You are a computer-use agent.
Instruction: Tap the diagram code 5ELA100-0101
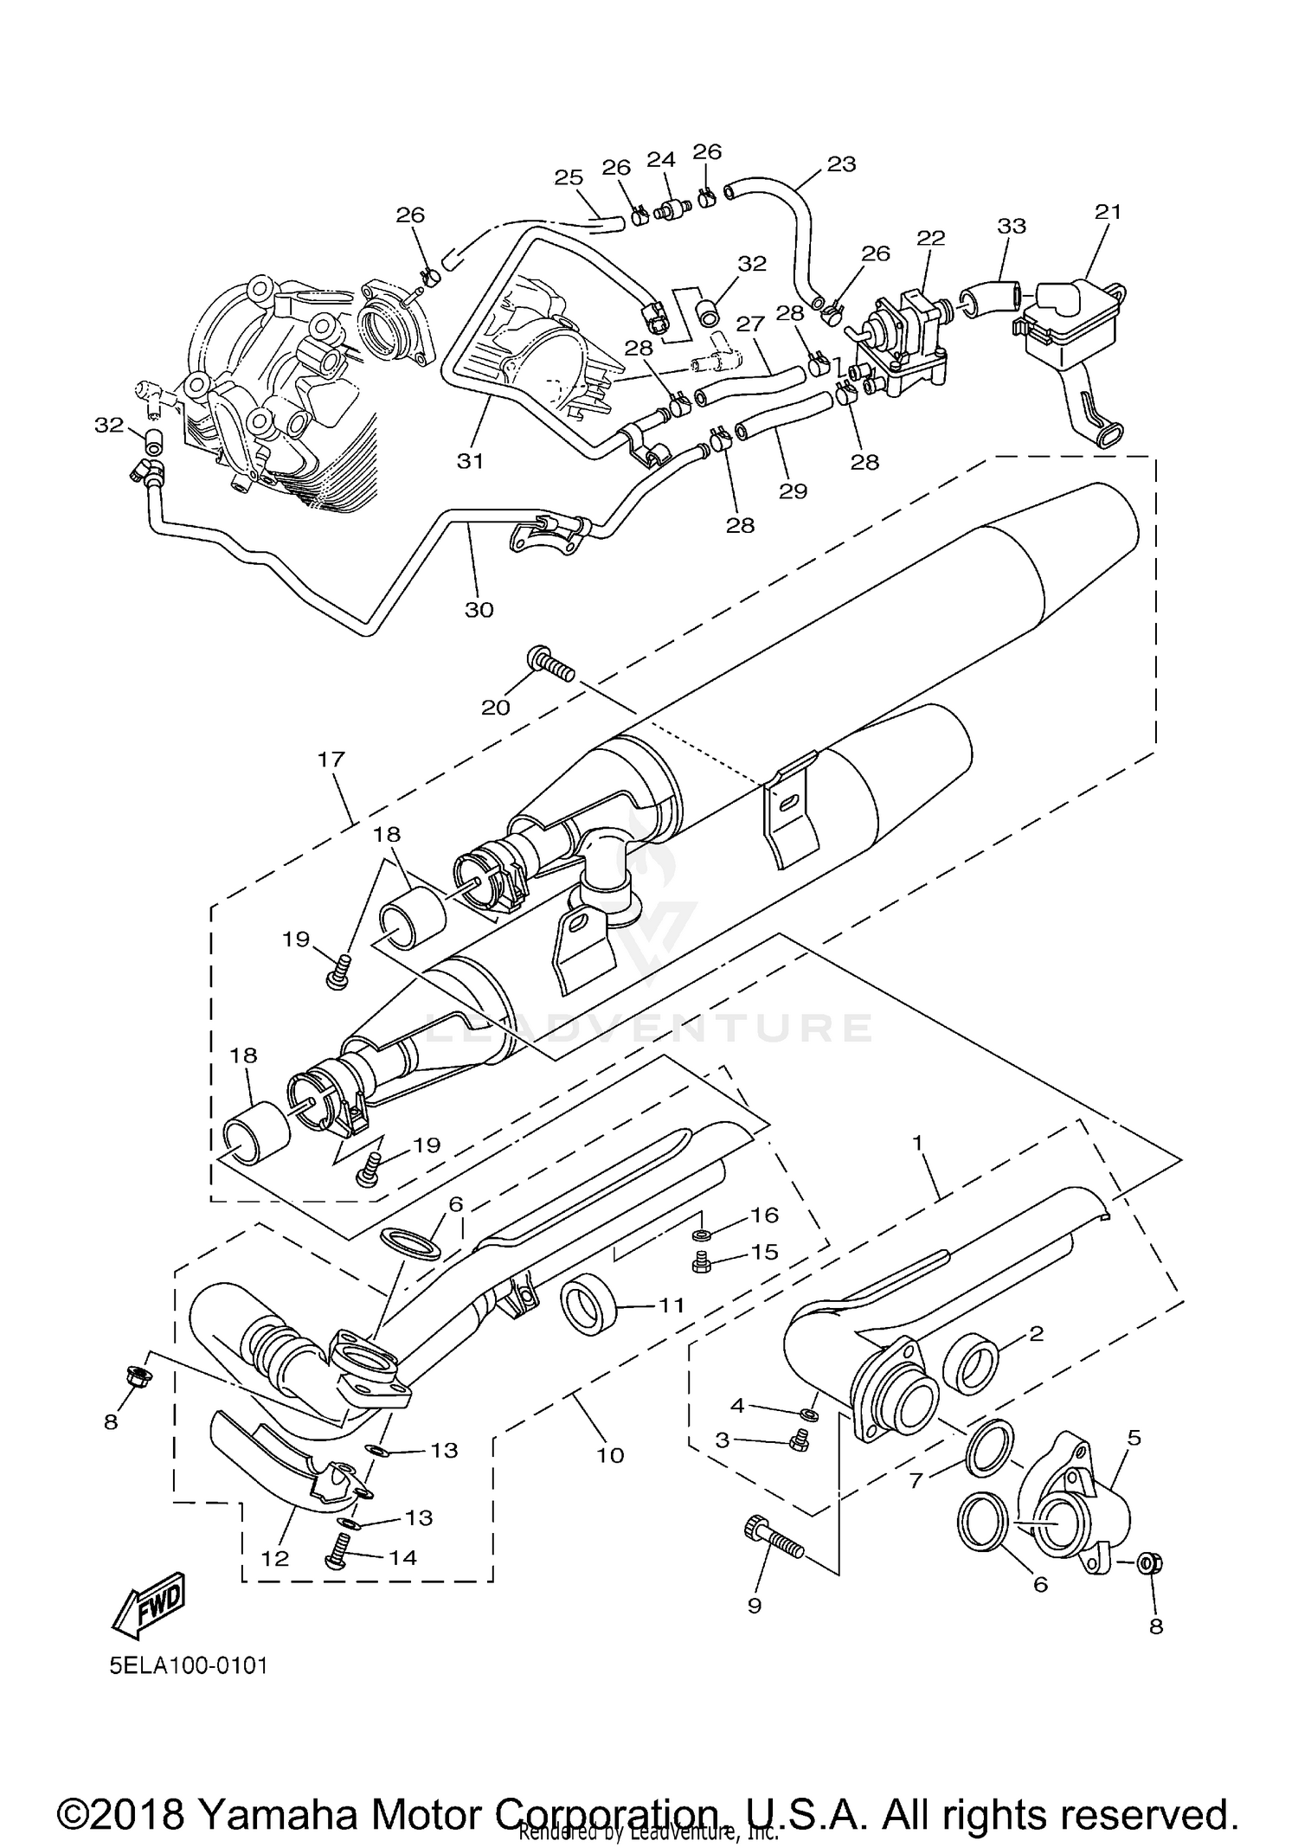pyautogui.click(x=188, y=1665)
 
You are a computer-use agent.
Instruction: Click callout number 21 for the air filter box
pyautogui.click(x=1108, y=212)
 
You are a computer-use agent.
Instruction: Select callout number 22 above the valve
pyautogui.click(x=931, y=238)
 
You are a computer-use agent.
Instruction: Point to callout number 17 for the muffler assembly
pyautogui.click(x=331, y=760)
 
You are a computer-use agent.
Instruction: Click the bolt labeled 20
pyautogui.click(x=549, y=664)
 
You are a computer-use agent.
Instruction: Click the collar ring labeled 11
pyautogui.click(x=588, y=1305)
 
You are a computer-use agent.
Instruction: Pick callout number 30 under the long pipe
pyautogui.click(x=479, y=609)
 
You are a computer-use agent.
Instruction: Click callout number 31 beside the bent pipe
pyautogui.click(x=470, y=460)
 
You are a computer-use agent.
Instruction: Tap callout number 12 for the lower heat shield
pyautogui.click(x=275, y=1557)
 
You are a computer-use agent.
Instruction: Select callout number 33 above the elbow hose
pyautogui.click(x=1011, y=226)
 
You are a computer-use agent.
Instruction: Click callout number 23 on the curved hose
pyautogui.click(x=841, y=164)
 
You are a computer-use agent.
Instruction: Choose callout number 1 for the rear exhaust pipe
pyautogui.click(x=918, y=1142)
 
